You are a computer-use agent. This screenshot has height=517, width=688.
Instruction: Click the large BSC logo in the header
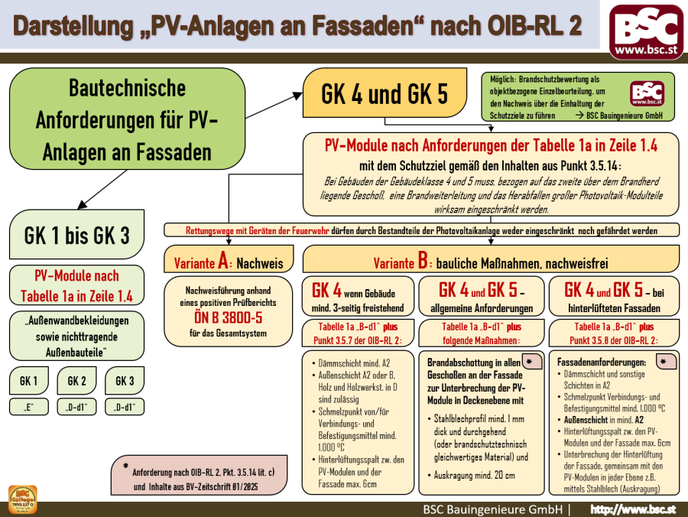[x=647, y=31]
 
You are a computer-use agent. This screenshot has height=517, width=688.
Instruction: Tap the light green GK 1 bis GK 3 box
[x=76, y=235]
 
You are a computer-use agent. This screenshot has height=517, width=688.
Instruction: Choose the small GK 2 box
[x=76, y=381]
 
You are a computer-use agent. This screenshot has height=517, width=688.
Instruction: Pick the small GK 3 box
[x=124, y=381]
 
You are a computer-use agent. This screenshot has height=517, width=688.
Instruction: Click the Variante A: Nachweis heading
[x=229, y=262]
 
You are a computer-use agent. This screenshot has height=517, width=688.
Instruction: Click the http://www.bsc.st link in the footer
[x=634, y=509]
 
